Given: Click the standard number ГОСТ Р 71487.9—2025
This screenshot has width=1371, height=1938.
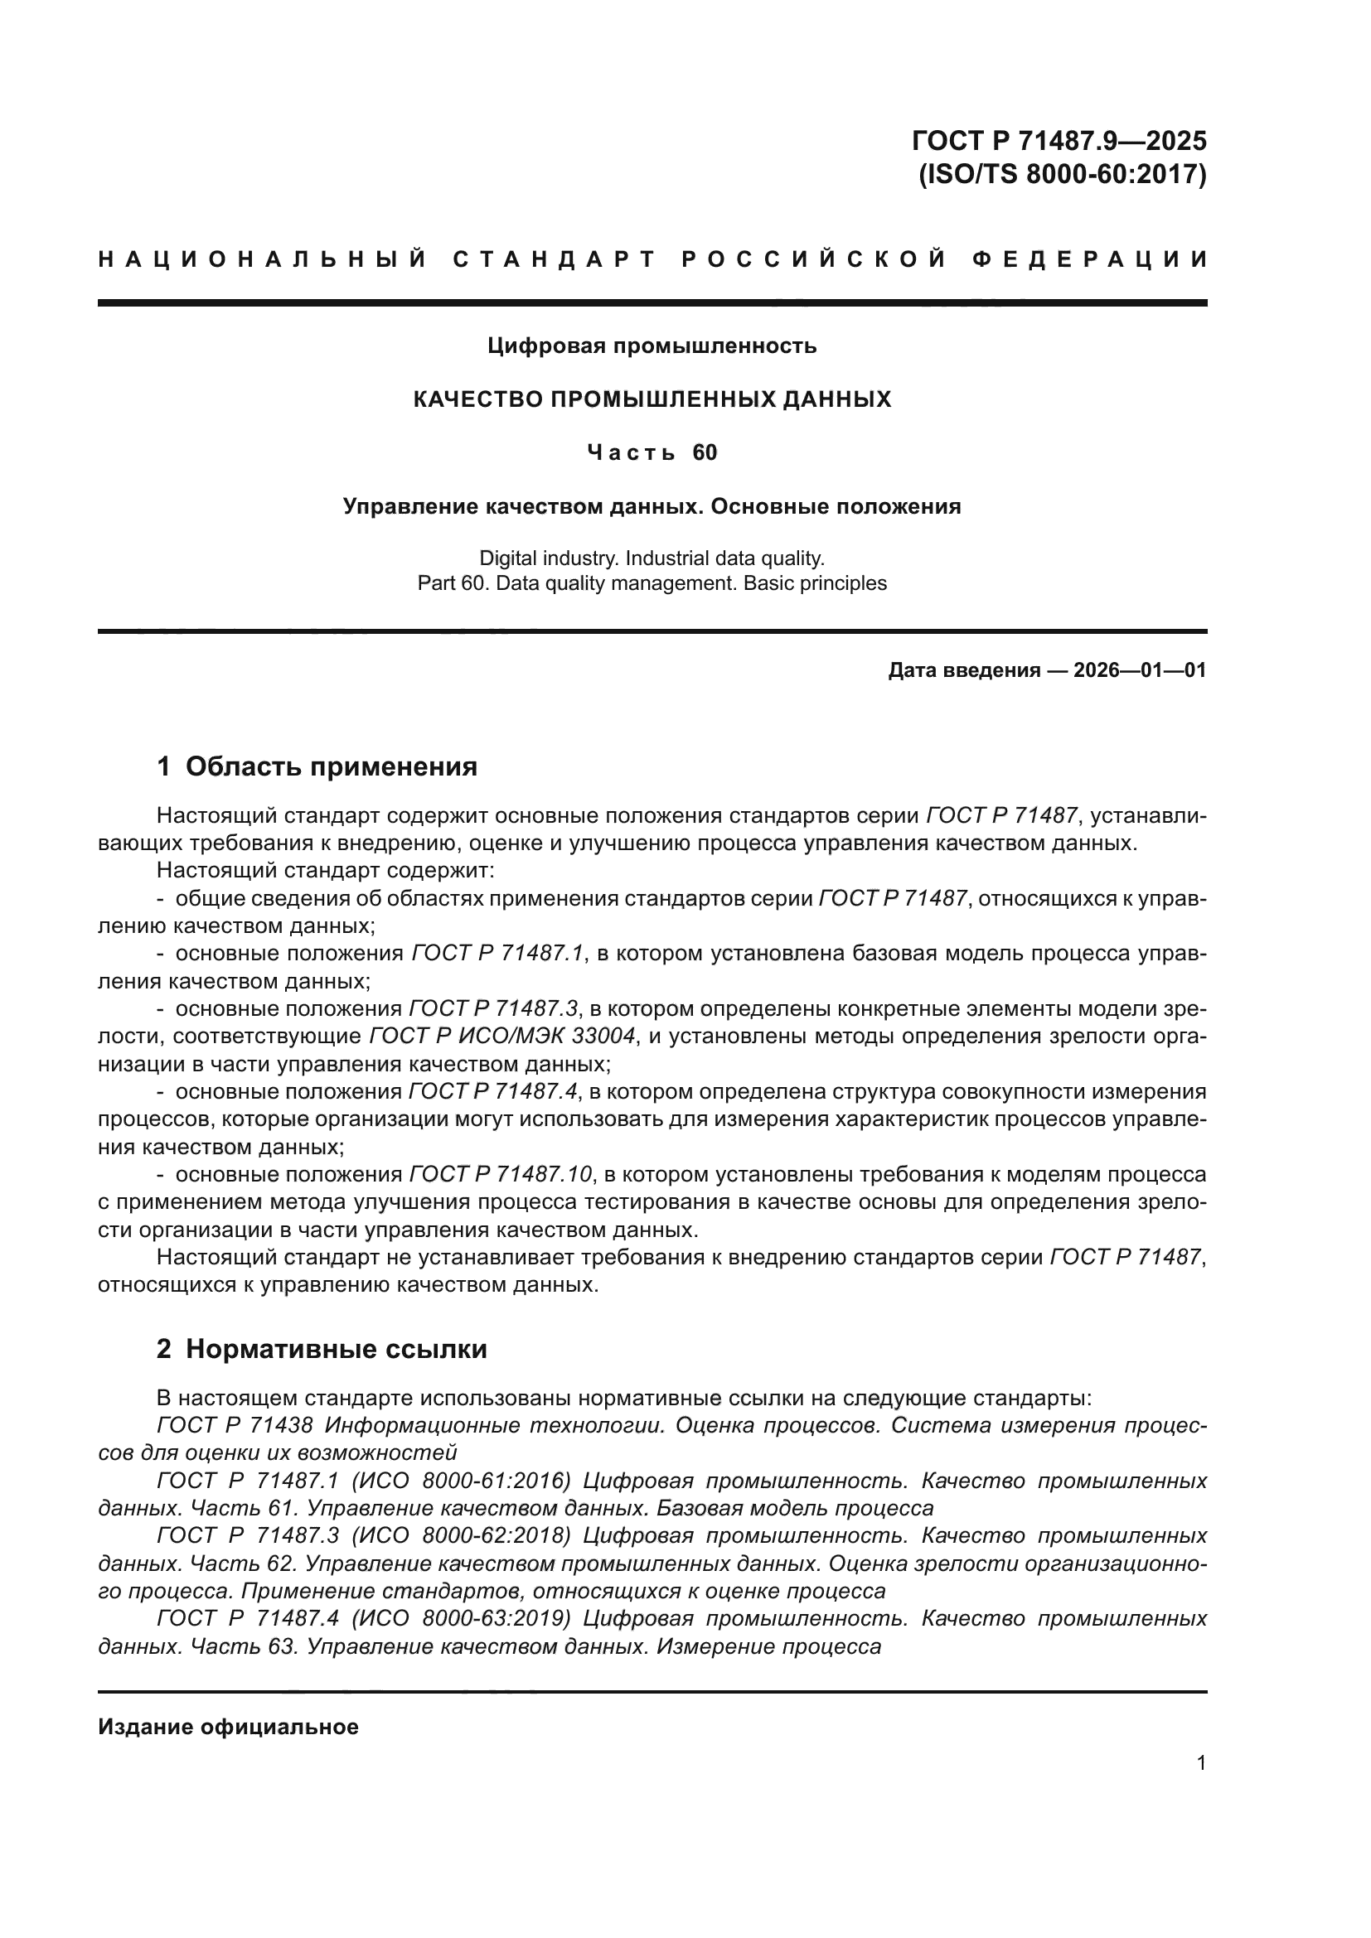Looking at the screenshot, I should pyautogui.click(x=1059, y=140).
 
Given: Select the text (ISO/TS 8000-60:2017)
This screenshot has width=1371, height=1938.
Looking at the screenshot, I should pyautogui.click(x=1061, y=175).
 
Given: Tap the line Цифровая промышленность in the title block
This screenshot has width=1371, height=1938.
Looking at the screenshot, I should pyautogui.click(x=652, y=346).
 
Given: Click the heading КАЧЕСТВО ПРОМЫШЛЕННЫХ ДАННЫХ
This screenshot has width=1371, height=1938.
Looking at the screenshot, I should pyautogui.click(x=652, y=399).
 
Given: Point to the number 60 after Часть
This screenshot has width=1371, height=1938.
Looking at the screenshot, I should pyautogui.click(x=705, y=453).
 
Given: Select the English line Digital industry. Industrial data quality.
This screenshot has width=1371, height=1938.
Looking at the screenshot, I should pyautogui.click(x=652, y=558).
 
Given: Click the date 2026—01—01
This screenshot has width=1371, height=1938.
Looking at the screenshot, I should pyautogui.click(x=1140, y=671).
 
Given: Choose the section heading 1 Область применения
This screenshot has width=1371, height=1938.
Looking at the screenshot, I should pyautogui.click(x=317, y=766).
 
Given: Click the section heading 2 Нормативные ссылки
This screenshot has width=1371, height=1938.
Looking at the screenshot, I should pyautogui.click(x=322, y=1350).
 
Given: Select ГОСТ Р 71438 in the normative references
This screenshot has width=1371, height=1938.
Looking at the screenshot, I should pyautogui.click(x=235, y=1426).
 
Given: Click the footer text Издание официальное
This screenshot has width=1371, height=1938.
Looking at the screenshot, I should pyautogui.click(x=228, y=1727).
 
